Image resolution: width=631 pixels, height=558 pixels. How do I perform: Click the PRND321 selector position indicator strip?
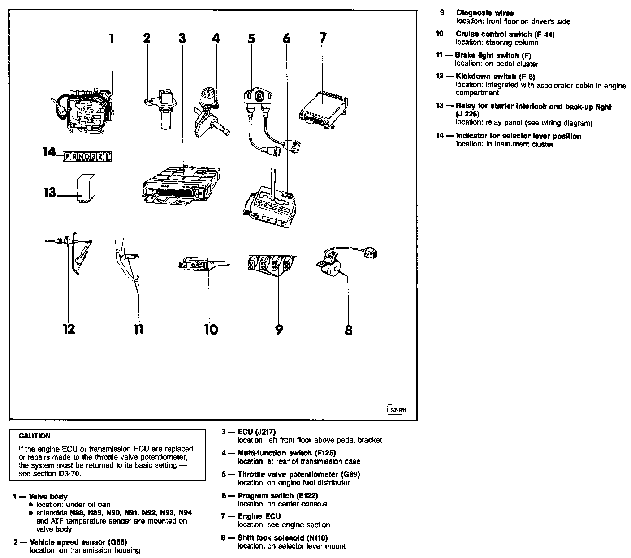click(x=87, y=156)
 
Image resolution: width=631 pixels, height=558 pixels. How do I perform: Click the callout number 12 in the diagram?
click(x=69, y=329)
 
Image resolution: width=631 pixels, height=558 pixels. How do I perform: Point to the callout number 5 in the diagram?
click(x=251, y=39)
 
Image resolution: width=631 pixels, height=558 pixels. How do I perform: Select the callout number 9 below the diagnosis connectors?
click(x=279, y=330)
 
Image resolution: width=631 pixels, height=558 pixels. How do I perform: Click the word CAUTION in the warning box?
click(x=35, y=436)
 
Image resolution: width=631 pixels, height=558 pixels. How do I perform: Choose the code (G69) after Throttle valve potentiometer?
click(x=350, y=474)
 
